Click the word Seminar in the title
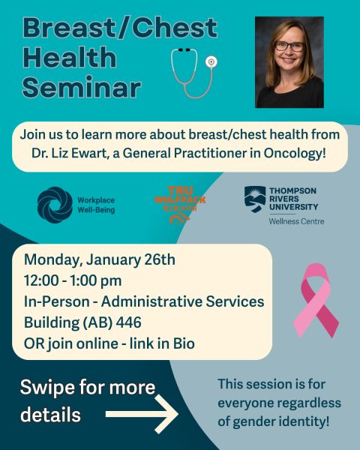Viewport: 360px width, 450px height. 82,87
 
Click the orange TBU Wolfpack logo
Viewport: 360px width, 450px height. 179,203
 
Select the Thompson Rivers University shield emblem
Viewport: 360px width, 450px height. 253,198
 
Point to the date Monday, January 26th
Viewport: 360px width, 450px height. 100,260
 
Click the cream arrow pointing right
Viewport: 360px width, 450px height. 142,413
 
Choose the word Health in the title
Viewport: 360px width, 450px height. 69,58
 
